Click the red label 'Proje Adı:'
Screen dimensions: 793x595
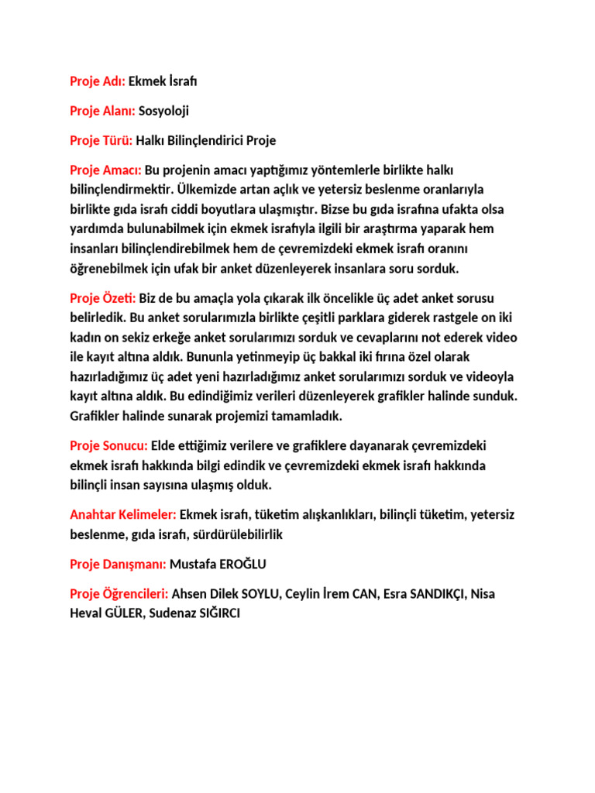tap(97, 81)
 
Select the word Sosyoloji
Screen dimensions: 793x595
tap(163, 111)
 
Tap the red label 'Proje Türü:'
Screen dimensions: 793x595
tap(101, 140)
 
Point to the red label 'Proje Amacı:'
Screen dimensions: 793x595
tap(105, 170)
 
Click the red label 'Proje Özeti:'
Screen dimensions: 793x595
tap(103, 298)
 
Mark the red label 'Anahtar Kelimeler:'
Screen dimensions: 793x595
tap(123, 514)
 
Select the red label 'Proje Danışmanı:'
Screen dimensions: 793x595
tap(118, 564)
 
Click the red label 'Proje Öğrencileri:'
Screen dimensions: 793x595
tap(119, 594)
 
